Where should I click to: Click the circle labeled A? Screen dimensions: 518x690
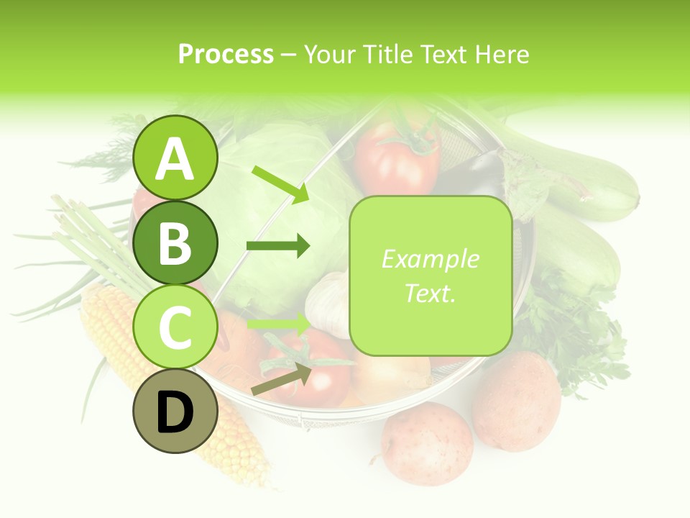(175, 158)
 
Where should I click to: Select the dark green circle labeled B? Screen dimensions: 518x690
(175, 242)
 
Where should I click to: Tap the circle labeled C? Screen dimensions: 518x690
(175, 327)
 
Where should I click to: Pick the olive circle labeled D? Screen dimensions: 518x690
(175, 412)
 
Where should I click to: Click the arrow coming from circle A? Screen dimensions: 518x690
(280, 183)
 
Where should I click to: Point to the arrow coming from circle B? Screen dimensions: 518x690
(277, 247)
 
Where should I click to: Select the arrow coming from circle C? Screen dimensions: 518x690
(277, 323)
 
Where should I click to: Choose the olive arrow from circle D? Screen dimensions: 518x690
(280, 379)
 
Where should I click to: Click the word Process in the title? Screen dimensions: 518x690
(226, 54)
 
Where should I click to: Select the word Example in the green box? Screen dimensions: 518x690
(430, 259)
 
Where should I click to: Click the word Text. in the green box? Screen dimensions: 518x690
(430, 293)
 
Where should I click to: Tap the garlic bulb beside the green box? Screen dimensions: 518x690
(327, 302)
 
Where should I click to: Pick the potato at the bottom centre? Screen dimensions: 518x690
(427, 443)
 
